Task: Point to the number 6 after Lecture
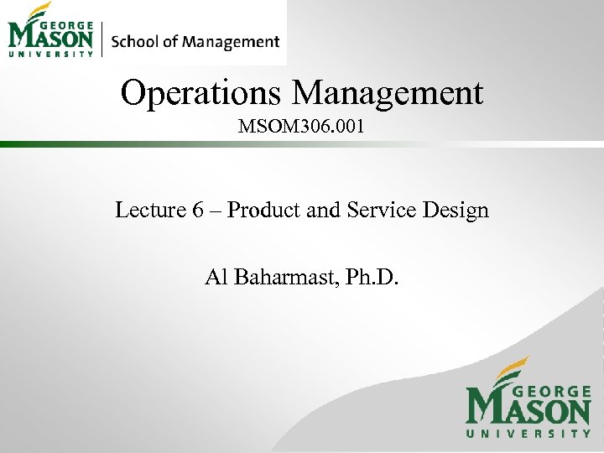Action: [198, 210]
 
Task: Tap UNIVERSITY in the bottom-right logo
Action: [528, 434]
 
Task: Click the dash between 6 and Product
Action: [216, 211]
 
